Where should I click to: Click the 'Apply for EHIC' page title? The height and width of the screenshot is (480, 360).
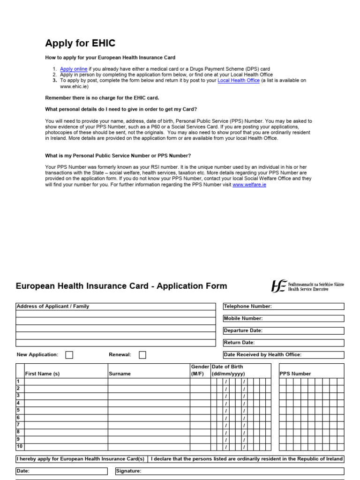click(x=80, y=44)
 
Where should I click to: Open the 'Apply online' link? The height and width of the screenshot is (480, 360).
click(x=74, y=69)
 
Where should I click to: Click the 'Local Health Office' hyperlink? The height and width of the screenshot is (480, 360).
click(x=239, y=81)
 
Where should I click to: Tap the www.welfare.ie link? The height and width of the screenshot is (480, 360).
click(x=249, y=185)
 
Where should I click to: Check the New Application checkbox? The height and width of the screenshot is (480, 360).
click(x=69, y=355)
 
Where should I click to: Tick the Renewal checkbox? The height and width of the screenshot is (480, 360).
click(x=142, y=355)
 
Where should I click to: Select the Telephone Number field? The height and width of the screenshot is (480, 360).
click(x=307, y=307)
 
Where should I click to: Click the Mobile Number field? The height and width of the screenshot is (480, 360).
click(x=307, y=319)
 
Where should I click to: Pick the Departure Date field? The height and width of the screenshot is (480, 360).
click(x=307, y=330)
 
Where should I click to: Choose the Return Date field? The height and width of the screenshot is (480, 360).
click(x=307, y=343)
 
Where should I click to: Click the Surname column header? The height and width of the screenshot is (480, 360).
click(x=120, y=374)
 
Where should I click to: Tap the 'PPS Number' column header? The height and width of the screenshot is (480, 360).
click(x=295, y=374)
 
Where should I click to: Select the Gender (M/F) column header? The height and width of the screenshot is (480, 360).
click(x=200, y=370)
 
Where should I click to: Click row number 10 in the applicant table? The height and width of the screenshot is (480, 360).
click(x=20, y=447)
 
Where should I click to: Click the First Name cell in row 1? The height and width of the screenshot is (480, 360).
click(x=66, y=382)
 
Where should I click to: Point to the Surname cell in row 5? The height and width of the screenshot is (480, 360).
click(x=149, y=410)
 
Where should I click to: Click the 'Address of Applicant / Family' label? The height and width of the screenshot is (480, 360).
click(x=53, y=306)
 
